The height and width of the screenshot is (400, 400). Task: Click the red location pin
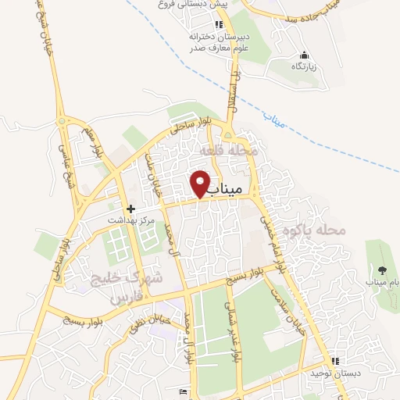(201, 182)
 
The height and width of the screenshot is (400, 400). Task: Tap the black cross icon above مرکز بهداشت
(130, 209)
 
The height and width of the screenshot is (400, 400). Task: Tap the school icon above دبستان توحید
(335, 362)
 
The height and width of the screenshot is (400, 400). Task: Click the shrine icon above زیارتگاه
(304, 55)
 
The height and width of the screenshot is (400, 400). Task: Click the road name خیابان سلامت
(287, 309)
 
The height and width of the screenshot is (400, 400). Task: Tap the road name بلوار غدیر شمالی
(232, 329)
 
